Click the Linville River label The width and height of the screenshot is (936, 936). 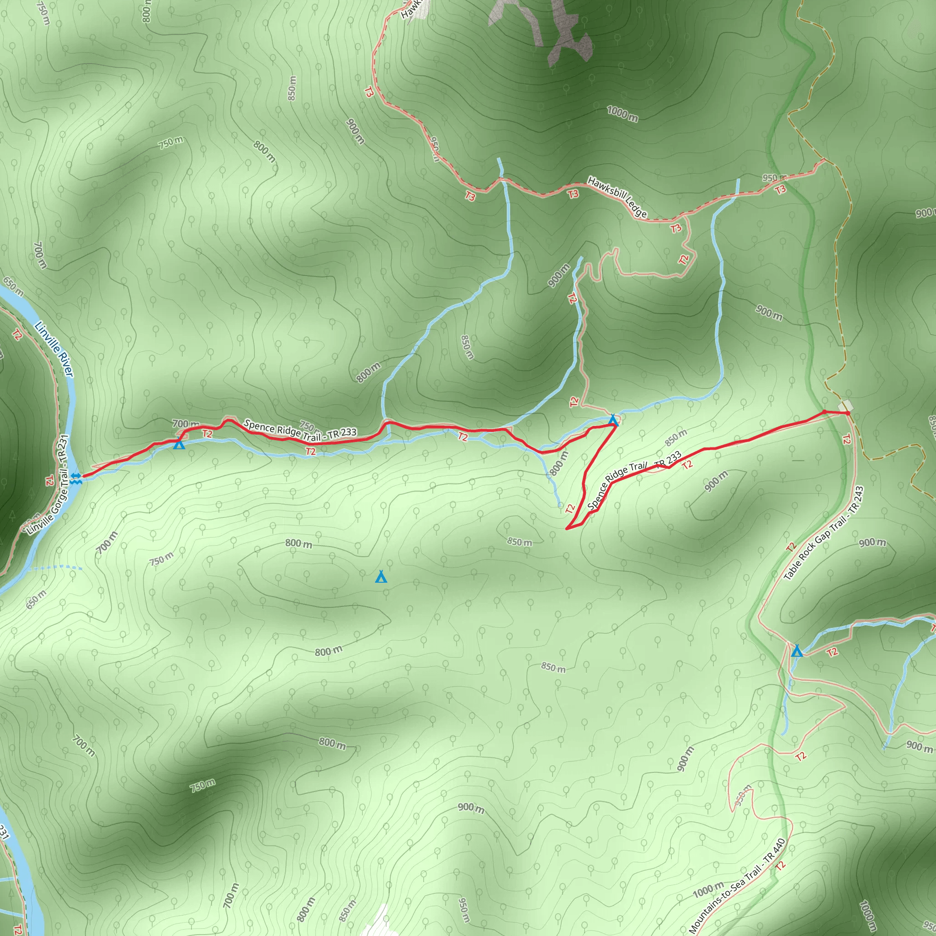tap(54, 349)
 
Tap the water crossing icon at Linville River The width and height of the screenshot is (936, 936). tap(75, 478)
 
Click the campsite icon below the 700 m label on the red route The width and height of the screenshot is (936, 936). tap(179, 443)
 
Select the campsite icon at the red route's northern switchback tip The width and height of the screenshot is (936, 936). tap(613, 420)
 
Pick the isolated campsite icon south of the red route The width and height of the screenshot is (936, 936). tap(381, 576)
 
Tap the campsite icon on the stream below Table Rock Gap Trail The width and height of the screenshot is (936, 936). tap(797, 651)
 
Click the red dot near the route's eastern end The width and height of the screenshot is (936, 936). tap(824, 412)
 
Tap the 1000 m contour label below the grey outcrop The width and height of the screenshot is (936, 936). tap(622, 114)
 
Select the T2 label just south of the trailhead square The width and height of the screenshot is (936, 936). tap(846, 439)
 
